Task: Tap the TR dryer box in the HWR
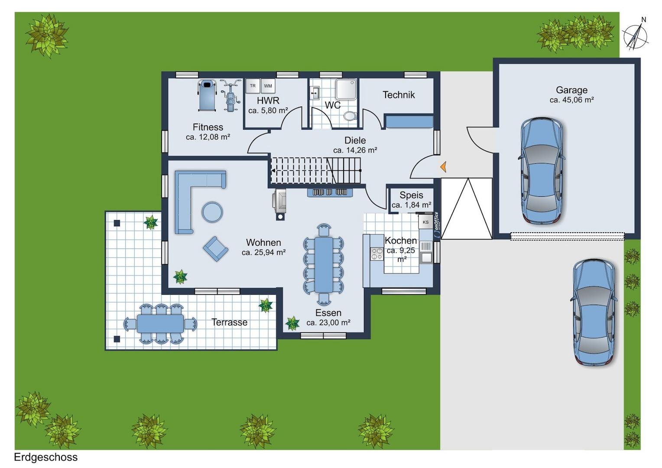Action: coord(253,86)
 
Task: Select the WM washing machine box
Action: coord(268,86)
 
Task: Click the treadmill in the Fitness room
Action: coord(207,95)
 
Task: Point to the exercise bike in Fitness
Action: coord(230,95)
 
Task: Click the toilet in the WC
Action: coord(350,116)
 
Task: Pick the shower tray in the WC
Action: coord(346,89)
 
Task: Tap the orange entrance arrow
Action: coord(443,167)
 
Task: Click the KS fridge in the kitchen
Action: coord(425,222)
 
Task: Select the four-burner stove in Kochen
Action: coord(377,254)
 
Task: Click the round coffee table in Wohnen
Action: coord(212,211)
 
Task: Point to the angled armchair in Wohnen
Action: coord(215,249)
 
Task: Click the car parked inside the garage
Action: coord(542,171)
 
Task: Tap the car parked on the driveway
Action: coord(594,313)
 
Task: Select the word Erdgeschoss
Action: coord(46,457)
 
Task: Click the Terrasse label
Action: coord(229,322)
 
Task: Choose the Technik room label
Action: coord(399,94)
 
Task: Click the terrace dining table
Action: coord(160,323)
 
